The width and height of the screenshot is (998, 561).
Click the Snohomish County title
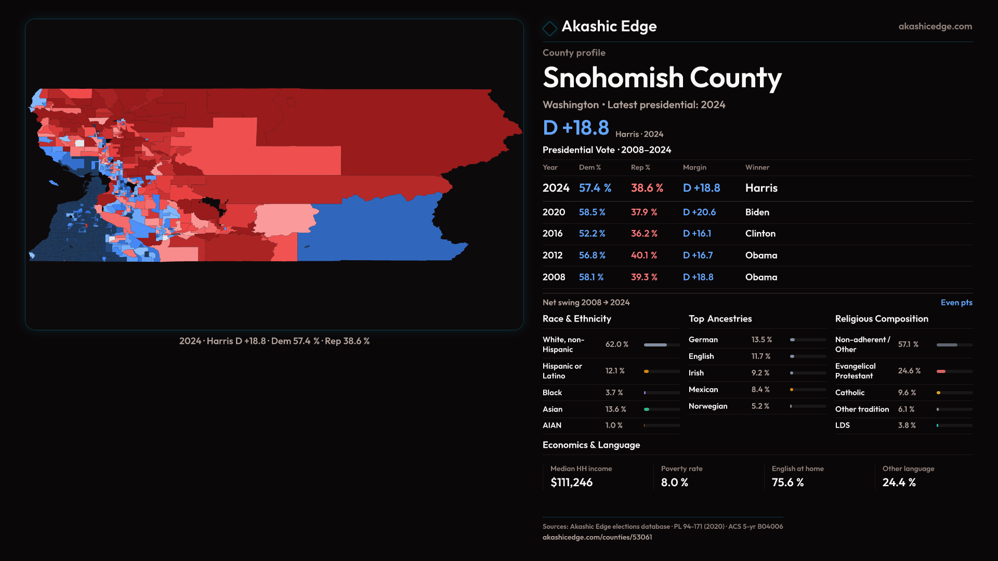coord(662,78)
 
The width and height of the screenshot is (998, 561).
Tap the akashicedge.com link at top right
coord(935,26)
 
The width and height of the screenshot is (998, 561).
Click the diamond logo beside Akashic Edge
coord(549,28)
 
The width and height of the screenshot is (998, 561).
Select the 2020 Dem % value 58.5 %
coord(592,212)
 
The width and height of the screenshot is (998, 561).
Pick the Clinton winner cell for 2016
coord(760,234)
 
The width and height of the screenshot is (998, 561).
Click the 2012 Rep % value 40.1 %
coord(644,256)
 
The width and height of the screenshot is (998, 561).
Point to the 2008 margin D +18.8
coord(698,277)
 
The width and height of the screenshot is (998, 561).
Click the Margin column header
coord(694,168)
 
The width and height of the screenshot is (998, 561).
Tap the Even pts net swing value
coord(956,303)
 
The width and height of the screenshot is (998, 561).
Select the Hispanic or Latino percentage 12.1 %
coord(615,371)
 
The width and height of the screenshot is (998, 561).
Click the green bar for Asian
coord(647,409)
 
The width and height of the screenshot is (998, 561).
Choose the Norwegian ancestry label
coord(707,406)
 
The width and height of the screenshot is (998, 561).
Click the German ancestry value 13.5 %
coord(761,340)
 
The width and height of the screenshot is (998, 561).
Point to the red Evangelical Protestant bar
coord(941,371)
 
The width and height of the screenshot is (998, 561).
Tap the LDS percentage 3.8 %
coord(907,425)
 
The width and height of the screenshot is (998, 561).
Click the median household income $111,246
coord(571,483)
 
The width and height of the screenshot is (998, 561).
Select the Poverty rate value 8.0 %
coord(674,483)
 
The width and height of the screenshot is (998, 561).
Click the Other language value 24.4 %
coord(899,483)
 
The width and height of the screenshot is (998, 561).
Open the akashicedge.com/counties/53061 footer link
coord(597,538)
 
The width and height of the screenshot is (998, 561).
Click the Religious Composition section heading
coord(881,319)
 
